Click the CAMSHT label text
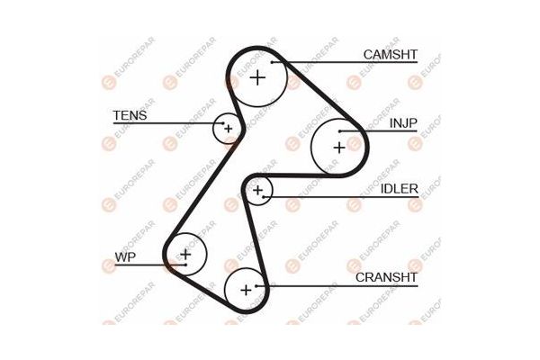click(391, 54)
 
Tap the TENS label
click(130, 115)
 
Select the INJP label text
click(403, 123)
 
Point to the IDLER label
click(399, 189)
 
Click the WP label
click(125, 257)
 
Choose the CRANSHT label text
click(386, 277)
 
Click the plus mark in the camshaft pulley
click(257, 78)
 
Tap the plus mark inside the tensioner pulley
click(229, 129)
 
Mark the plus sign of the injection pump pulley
click(339, 148)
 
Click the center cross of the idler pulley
click(258, 190)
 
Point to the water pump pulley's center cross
click(185, 254)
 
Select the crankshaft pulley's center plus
click(246, 290)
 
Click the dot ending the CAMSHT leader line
click(272, 62)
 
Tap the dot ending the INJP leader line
click(339, 131)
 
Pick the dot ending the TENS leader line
click(223, 123)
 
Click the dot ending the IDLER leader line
click(264, 197)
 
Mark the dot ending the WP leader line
click(185, 265)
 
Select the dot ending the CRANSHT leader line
click(256, 285)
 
